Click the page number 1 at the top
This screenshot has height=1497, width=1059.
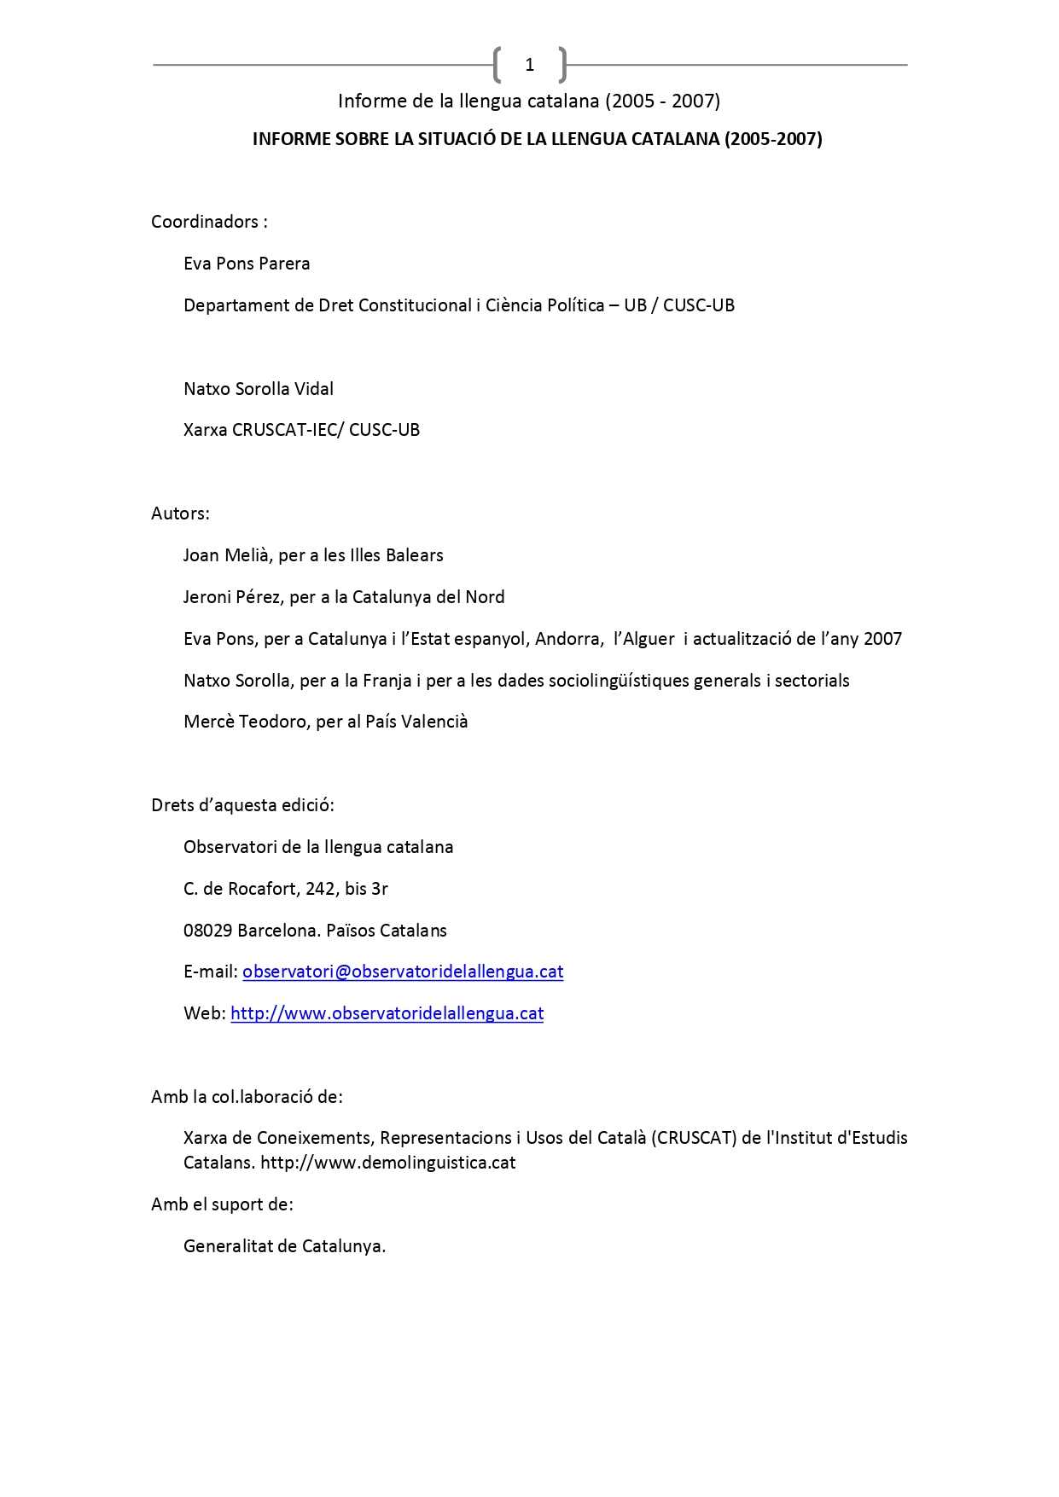529,65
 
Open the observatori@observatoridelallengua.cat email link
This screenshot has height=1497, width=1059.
403,972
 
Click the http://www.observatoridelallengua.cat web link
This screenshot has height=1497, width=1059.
387,1013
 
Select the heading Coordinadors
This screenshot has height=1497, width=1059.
205,222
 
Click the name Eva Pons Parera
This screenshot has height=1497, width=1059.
247,264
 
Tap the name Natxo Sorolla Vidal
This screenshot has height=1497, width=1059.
259,389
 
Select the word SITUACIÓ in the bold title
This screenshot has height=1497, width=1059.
457,139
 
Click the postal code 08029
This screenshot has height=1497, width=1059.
207,931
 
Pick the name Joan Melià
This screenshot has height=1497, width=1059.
228,555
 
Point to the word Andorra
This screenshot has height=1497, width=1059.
567,639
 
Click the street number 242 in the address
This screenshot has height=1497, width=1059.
320,889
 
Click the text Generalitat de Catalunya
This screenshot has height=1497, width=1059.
284,1246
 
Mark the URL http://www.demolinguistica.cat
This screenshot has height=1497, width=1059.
387,1163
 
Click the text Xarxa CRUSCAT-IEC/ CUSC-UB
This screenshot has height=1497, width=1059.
301,430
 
